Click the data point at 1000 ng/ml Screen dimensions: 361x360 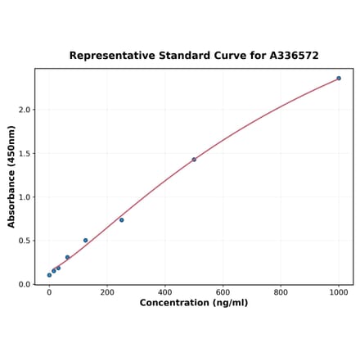point(339,79)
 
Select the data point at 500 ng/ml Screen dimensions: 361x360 point(194,160)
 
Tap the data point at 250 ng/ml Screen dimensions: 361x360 point(122,219)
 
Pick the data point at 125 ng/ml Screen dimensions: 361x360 point(85,241)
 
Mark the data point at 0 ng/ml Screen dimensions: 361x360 point(49,275)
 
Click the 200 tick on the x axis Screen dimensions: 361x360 point(107,292)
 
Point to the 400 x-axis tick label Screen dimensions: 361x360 point(165,292)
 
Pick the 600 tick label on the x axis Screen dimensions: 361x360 point(223,292)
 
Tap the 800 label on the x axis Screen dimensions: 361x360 point(281,292)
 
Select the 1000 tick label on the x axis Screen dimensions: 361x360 point(339,292)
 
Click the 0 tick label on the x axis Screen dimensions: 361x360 point(49,292)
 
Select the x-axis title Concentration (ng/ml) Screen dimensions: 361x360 point(194,304)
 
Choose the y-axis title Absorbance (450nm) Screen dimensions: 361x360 point(11,176)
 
